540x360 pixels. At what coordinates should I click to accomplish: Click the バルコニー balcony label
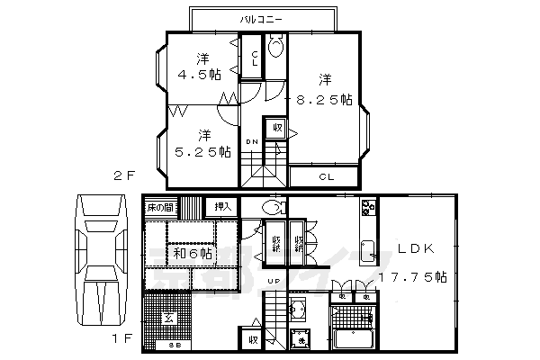coord(262,18)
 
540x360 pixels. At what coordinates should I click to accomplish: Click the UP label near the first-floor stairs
coord(273,281)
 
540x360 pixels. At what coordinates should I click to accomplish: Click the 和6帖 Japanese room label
coord(193,255)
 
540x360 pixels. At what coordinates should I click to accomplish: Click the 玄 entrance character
coord(168,318)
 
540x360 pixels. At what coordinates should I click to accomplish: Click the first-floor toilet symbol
coord(273,208)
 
